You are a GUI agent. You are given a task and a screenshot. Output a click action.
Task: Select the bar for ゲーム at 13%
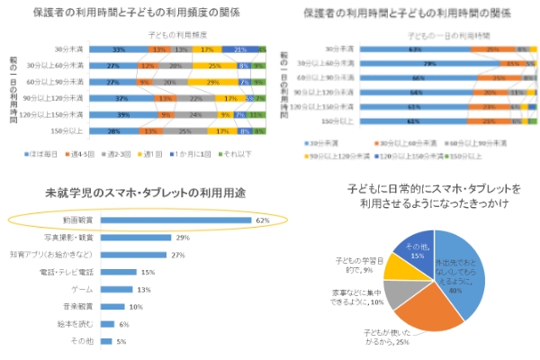[119, 290]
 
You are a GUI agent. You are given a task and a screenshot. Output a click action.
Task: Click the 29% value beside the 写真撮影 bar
[182, 238]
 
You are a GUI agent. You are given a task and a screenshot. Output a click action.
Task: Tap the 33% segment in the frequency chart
[120, 49]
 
